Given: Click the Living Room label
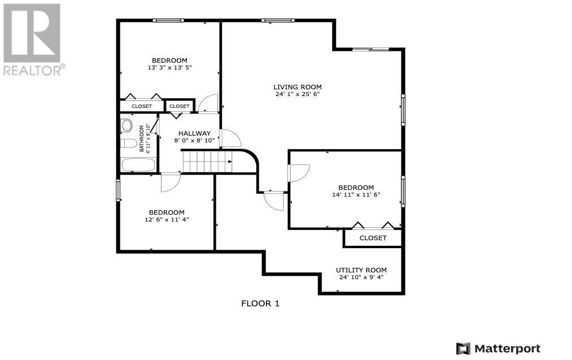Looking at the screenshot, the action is click(298, 87).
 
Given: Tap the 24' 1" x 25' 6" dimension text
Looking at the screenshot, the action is click(298, 94).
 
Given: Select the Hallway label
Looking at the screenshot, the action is click(194, 133).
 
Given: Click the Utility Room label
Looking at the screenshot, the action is click(361, 270).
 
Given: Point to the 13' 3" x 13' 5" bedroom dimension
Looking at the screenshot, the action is click(169, 68).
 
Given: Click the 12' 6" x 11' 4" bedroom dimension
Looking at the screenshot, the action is click(167, 219).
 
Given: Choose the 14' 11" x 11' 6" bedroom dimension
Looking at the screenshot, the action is click(356, 194).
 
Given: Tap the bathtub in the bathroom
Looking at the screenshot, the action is click(139, 164).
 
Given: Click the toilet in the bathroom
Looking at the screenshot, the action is click(128, 143).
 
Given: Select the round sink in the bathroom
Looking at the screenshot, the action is click(126, 125).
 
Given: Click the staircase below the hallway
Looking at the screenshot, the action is click(207, 162).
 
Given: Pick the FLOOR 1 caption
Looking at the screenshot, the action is click(260, 303).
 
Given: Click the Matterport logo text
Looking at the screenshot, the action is click(508, 349).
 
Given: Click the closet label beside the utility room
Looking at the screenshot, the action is click(373, 238).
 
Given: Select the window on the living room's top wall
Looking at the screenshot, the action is click(277, 20).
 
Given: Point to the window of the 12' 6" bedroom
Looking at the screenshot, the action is click(118, 190).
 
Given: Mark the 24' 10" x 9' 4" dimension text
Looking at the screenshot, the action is click(361, 277).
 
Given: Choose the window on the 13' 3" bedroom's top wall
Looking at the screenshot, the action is click(168, 20).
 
